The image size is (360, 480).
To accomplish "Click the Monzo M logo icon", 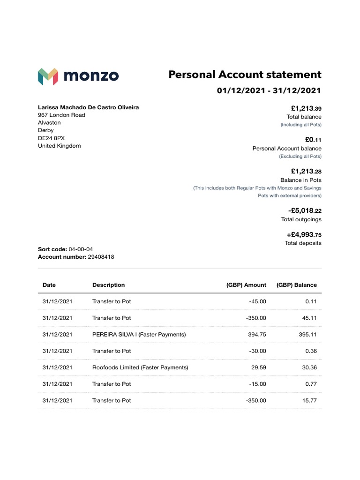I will coord(48,76).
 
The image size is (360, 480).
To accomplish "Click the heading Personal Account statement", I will coord(245,75).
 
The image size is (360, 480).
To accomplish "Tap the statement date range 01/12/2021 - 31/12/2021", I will coord(269,90).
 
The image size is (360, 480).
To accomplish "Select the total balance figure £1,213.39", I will coord(306,108).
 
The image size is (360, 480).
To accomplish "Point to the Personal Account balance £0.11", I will coord(313,140).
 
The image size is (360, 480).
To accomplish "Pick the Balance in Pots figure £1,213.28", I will coord(306,172).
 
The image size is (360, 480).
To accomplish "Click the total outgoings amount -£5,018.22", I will coord(305,211).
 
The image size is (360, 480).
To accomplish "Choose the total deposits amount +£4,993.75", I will coord(304,235).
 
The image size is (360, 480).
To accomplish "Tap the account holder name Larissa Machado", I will coord(88,107).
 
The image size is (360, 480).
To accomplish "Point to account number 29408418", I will coord(101,257).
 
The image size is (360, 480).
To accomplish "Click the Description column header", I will coord(108,285).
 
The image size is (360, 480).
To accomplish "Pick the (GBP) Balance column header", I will coord(296,285).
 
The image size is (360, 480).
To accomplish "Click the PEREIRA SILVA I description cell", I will coord(139,335).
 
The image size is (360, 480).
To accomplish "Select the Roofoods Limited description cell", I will coord(140,367).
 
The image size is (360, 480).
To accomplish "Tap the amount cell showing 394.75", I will coord(257,335).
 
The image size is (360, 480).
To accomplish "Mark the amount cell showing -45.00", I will coord(257,301).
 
